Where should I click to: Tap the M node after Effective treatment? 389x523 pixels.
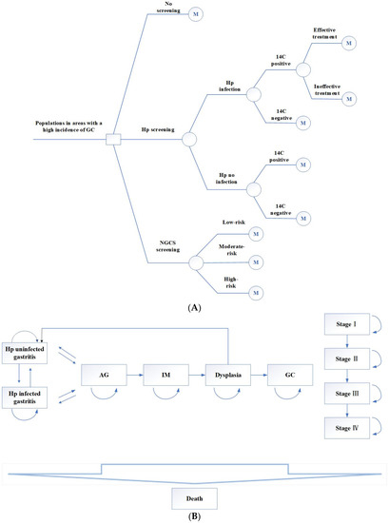click(x=349, y=42)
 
